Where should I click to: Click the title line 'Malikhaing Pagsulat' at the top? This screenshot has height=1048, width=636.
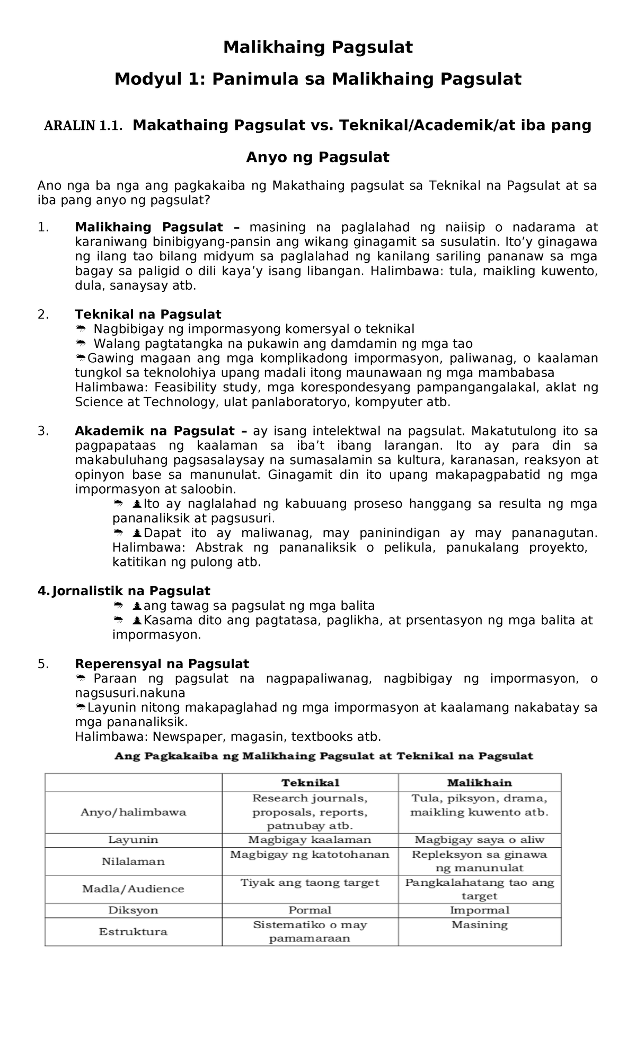pos(317,48)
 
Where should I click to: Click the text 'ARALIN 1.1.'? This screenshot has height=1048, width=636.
pos(83,126)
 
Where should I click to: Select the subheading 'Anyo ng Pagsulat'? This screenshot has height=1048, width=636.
pos(317,158)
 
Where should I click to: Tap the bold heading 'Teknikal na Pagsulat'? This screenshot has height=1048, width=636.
pos(148,315)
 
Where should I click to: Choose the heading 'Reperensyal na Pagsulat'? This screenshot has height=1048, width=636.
pos(162,664)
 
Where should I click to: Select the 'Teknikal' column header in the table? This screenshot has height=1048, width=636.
pos(310,783)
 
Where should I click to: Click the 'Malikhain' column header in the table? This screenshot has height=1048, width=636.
pos(479,783)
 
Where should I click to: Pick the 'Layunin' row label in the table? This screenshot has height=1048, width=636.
pos(133,840)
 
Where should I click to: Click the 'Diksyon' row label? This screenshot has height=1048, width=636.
pos(133,910)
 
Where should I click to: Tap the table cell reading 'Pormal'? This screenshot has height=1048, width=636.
pos(310,910)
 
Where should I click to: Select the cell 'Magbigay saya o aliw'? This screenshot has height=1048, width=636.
pos(479,840)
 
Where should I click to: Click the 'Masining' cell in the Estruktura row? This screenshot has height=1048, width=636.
pos(479,925)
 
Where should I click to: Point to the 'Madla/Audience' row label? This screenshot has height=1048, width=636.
pos(133,889)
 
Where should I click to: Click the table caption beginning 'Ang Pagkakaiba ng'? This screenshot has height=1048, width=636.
pos(323,756)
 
